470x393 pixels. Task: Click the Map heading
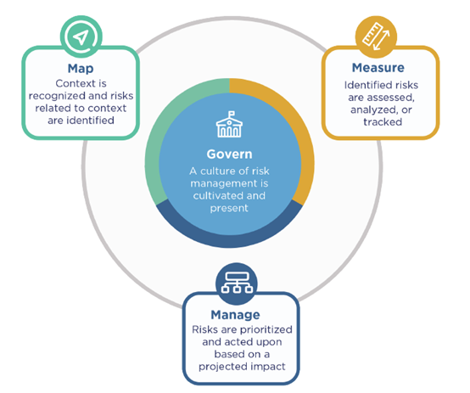click(81, 69)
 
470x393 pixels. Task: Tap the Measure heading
click(378, 68)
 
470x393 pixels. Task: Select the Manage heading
click(235, 315)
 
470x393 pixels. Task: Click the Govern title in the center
click(229, 154)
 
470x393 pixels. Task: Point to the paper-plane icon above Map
click(81, 36)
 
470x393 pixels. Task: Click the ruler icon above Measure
click(376, 36)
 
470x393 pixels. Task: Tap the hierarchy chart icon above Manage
click(237, 284)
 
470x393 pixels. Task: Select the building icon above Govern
click(229, 124)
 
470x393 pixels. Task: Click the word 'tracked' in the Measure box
click(383, 122)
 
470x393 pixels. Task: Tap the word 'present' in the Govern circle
click(229, 209)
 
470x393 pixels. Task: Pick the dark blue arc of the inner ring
click(229, 241)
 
